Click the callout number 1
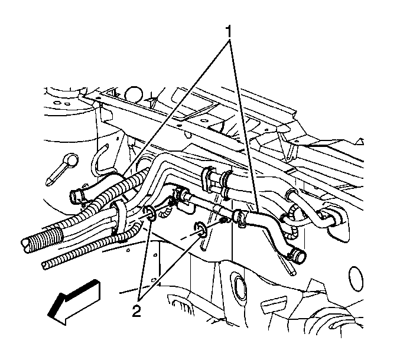[x=229, y=32]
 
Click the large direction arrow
[x=74, y=302]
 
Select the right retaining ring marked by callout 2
[x=201, y=230]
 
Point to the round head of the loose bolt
[x=71, y=160]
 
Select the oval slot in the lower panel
[x=240, y=286]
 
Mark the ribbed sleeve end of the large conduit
[x=44, y=240]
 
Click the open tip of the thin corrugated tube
[x=45, y=266]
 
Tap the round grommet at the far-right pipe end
[x=334, y=219]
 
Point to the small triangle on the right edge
[x=360, y=141]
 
